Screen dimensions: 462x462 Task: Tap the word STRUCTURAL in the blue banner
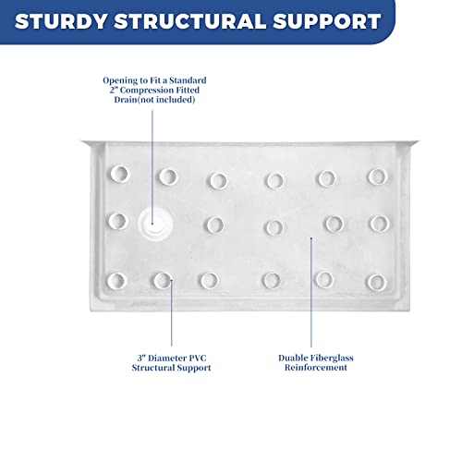(x=200, y=20)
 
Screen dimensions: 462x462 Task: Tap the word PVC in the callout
(x=201, y=357)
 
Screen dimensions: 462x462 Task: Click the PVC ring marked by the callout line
(x=163, y=280)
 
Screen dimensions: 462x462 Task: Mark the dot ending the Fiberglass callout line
(x=312, y=237)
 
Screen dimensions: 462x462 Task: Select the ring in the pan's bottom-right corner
(x=374, y=281)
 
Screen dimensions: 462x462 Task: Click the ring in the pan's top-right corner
(x=375, y=176)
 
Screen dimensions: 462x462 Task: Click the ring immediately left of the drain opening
(x=117, y=221)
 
